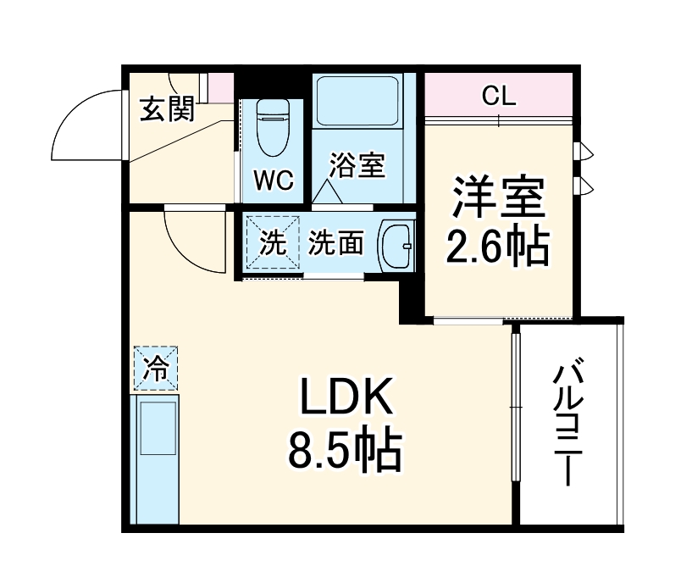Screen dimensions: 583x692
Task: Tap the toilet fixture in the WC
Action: (x=272, y=127)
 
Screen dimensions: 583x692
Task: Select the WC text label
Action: (x=273, y=180)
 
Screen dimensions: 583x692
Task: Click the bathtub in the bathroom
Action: (x=357, y=102)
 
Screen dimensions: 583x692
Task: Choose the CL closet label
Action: (x=499, y=96)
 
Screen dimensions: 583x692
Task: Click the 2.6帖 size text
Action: (x=498, y=247)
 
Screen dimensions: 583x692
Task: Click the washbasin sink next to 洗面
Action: (x=395, y=247)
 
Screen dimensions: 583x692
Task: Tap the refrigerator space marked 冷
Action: (x=154, y=368)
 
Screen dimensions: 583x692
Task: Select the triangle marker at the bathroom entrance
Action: (x=327, y=194)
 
